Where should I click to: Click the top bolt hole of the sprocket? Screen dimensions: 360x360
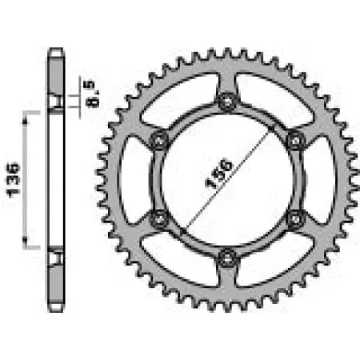coord(228,100)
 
